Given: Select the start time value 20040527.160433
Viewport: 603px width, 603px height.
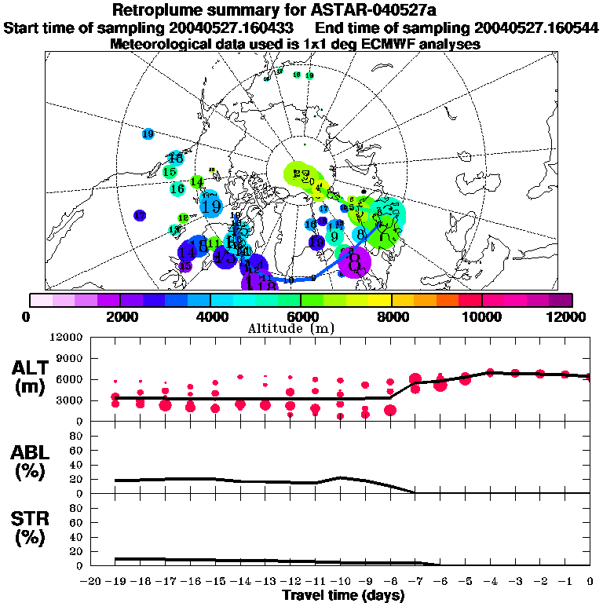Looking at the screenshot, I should click(232, 28).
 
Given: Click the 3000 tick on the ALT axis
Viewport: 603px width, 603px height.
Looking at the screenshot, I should click(69, 400).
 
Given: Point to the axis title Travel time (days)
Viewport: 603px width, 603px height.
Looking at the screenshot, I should click(343, 595).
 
